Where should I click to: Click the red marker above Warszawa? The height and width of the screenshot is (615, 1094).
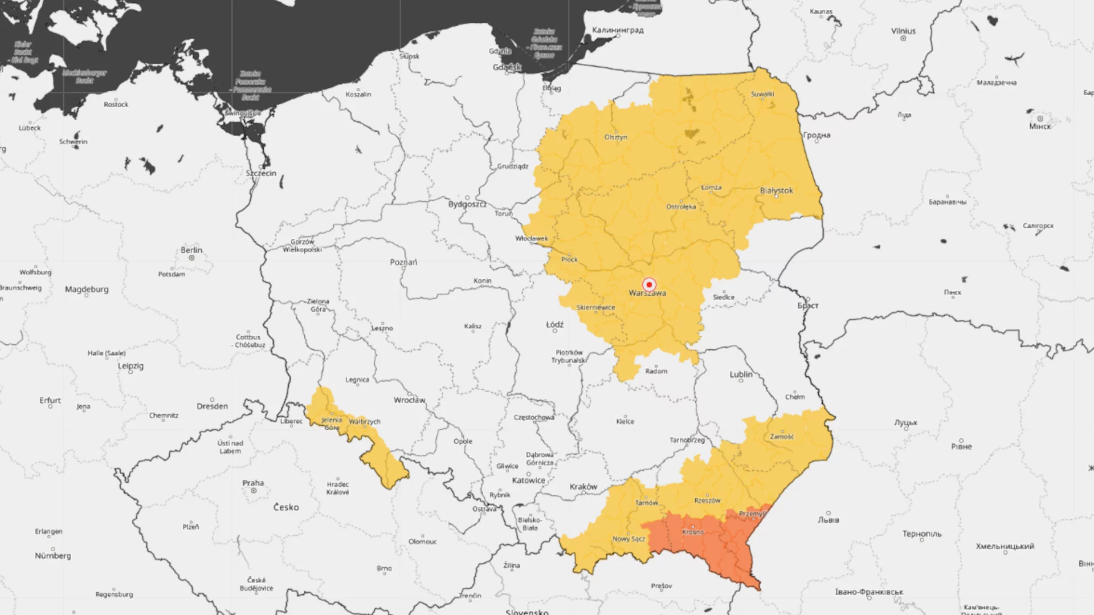click(648, 284)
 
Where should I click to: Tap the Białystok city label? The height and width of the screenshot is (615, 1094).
click(776, 190)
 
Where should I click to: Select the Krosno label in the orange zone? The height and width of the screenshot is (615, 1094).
click(693, 532)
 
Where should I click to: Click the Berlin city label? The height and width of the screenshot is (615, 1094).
click(191, 250)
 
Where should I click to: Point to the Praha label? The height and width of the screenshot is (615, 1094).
click(253, 483)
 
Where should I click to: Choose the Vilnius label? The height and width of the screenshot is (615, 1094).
click(903, 31)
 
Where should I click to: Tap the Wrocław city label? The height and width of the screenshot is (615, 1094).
click(409, 400)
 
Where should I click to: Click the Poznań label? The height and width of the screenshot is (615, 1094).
click(403, 262)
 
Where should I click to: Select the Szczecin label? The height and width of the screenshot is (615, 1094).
click(261, 173)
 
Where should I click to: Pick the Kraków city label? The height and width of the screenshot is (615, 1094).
click(583, 487)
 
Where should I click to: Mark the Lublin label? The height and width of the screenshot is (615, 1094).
click(741, 374)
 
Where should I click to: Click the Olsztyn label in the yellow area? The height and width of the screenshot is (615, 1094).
click(615, 137)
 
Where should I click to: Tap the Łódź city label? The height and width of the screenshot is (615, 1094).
click(554, 324)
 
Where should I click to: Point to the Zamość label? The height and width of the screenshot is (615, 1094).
click(782, 437)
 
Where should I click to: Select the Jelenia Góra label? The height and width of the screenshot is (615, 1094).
click(332, 423)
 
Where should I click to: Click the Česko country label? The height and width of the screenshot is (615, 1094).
click(285, 507)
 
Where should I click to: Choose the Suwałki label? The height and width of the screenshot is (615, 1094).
click(762, 94)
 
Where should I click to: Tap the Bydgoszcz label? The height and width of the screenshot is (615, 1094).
click(467, 204)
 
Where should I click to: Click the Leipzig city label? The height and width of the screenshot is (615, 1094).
click(130, 366)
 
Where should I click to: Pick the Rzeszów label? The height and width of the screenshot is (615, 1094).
click(707, 500)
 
